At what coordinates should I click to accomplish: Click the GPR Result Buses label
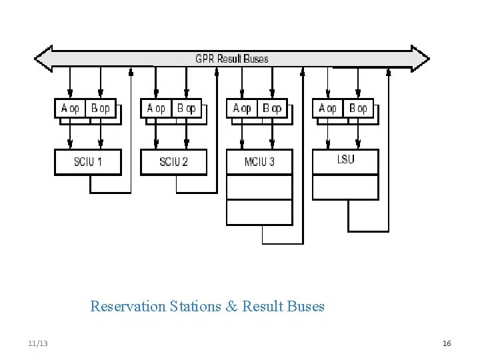pyautogui.click(x=231, y=59)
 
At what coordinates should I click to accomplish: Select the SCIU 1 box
pyautogui.click(x=87, y=162)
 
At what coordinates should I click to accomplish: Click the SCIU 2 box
pyautogui.click(x=173, y=162)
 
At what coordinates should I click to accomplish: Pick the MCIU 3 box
pyautogui.click(x=259, y=162)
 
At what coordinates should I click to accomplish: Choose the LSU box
pyautogui.click(x=345, y=161)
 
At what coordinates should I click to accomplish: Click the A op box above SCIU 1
pyautogui.click(x=70, y=108)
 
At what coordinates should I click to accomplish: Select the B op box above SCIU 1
pyautogui.click(x=100, y=108)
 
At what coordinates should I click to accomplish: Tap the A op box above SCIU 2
pyautogui.click(x=156, y=108)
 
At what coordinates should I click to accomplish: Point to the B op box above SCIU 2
pyautogui.click(x=187, y=108)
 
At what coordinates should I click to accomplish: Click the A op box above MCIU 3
pyautogui.click(x=242, y=108)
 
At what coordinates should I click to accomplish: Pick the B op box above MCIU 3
pyautogui.click(x=272, y=108)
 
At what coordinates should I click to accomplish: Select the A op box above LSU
pyautogui.click(x=328, y=108)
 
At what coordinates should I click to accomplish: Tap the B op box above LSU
pyautogui.click(x=358, y=108)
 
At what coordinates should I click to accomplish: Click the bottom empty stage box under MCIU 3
pyautogui.click(x=259, y=213)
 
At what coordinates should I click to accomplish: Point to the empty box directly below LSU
pyautogui.click(x=345, y=187)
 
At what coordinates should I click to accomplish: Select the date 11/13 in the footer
pyautogui.click(x=38, y=343)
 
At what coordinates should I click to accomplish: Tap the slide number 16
pyautogui.click(x=447, y=343)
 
